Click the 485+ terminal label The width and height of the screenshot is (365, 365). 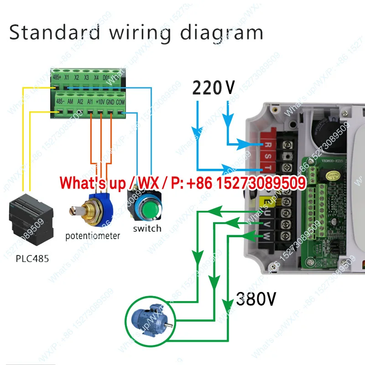pos(57,77)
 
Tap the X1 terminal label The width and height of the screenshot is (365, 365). pos(67,77)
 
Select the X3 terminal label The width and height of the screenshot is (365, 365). pos(86,77)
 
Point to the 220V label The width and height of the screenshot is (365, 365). pos(213,87)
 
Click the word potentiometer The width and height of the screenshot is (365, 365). pos(93,236)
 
